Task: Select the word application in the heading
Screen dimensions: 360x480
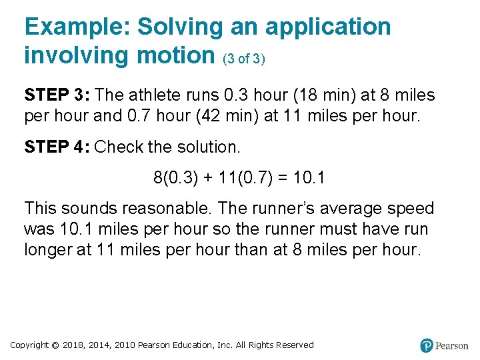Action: pos(328,27)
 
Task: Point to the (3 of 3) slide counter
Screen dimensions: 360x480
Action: pos(244,59)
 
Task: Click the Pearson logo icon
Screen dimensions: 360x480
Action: pos(427,345)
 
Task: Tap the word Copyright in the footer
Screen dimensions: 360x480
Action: pos(30,345)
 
